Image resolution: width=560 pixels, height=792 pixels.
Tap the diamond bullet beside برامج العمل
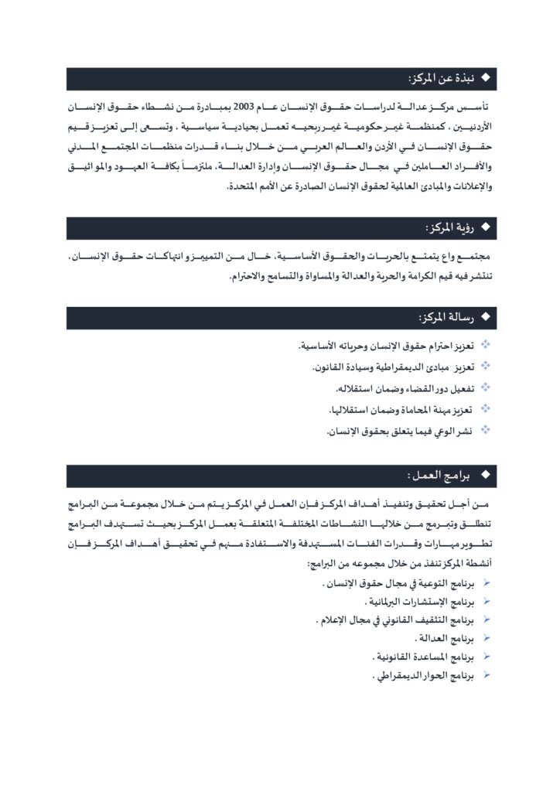(x=486, y=473)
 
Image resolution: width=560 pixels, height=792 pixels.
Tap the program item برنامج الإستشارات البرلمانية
(x=418, y=601)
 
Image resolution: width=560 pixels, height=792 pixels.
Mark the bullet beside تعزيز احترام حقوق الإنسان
(x=486, y=344)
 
